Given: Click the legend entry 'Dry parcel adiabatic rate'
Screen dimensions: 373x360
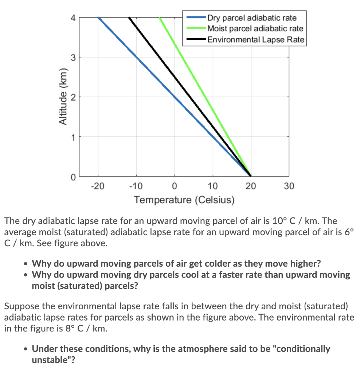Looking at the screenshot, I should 252,18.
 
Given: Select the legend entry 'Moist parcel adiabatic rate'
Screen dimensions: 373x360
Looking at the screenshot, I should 255,28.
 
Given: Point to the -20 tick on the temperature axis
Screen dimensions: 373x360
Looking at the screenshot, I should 98,186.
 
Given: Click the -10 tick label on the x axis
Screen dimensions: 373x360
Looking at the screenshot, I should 136,186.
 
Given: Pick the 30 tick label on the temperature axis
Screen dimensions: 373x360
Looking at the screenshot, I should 289,186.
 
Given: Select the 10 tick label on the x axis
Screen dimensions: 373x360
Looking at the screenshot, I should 213,186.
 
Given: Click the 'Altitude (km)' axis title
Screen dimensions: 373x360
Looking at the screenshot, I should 63,97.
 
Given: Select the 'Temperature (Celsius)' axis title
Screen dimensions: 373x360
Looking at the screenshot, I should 184,200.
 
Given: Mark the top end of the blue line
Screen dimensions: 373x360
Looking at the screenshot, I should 99,17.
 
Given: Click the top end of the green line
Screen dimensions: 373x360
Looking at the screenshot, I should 160,17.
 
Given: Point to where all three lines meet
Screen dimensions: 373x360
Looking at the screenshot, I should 250,176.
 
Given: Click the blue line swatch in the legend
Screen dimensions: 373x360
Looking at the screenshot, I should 196,18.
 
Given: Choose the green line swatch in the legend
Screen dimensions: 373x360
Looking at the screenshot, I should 196,28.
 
